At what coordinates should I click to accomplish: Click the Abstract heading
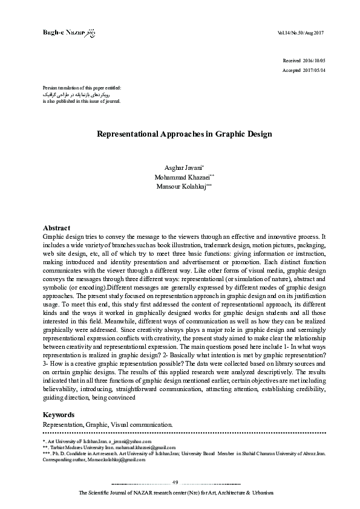coord(57,227)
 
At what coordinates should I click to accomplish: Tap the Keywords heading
coord(59,415)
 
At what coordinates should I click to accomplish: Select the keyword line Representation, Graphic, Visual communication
coord(108,424)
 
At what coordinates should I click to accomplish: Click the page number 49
coord(175,481)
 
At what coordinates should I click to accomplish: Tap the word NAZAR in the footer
coord(143,494)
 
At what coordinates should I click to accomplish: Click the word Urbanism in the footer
coord(260,494)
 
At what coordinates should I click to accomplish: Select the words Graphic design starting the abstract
coord(61,236)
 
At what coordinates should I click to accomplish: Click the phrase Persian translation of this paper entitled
coord(82,88)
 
